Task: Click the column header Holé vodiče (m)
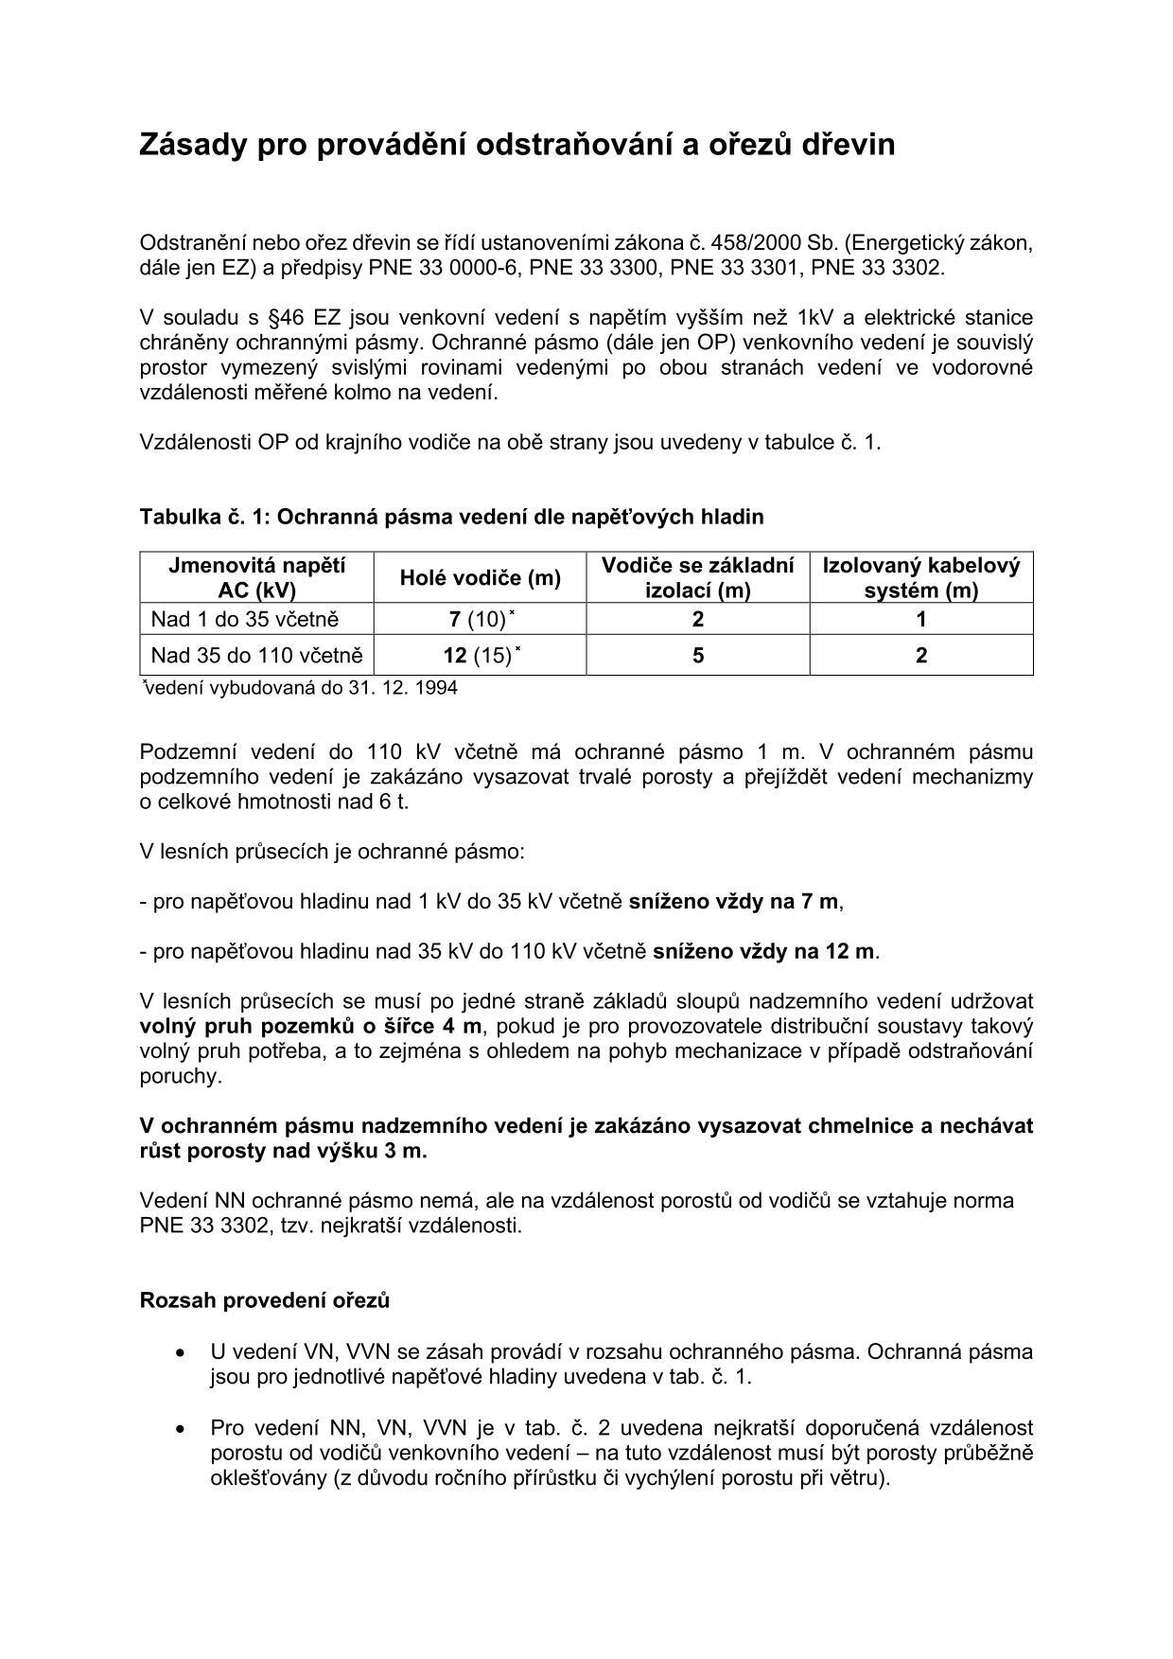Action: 480,577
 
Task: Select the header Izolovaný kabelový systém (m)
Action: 920,577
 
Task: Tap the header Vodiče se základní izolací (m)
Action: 697,577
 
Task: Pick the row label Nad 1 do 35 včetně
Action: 245,619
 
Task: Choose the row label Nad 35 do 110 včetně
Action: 256,655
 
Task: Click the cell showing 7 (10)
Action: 480,619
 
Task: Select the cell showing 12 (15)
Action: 480,655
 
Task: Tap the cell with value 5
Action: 697,655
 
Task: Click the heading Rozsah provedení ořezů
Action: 264,1299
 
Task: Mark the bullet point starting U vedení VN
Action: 621,1364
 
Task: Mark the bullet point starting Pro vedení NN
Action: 621,1452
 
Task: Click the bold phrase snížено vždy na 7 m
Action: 734,901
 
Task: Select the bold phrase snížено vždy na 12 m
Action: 765,951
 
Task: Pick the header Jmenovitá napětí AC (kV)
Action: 256,577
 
